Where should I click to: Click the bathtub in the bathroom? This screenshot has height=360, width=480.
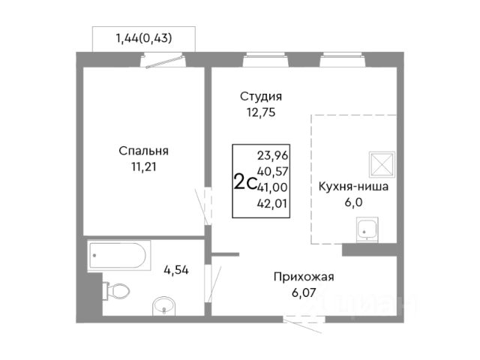119,255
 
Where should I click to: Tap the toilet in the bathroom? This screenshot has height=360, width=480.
116,290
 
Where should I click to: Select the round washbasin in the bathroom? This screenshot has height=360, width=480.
163,306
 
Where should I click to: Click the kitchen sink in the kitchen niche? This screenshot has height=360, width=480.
367,229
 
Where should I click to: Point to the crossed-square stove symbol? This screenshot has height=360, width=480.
382,164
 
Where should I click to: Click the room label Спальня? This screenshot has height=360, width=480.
143,151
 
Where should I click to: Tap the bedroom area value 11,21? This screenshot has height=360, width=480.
144,166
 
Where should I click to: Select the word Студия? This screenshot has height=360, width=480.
261,97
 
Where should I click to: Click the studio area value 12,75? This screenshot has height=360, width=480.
261,112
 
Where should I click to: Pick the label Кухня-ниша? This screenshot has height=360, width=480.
353,187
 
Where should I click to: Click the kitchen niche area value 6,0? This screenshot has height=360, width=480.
353,202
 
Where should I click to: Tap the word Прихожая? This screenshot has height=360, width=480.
304,277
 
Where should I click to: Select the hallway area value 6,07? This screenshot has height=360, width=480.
304,293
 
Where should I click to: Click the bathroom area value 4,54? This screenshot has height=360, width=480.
176,270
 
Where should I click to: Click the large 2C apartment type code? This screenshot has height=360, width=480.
244,181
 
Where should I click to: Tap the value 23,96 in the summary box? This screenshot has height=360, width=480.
273,156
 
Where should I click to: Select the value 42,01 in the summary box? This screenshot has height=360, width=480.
272,203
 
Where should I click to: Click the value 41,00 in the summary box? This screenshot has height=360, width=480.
272,187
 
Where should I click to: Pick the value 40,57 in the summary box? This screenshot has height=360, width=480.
273,172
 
